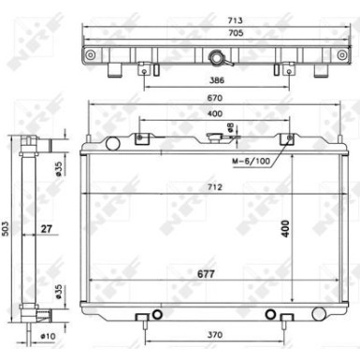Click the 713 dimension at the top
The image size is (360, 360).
pyautogui.click(x=235, y=21)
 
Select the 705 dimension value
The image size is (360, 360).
pyautogui.click(x=236, y=33)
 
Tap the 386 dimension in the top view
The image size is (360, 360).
pyautogui.click(x=216, y=80)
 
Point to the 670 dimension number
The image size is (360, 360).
pyautogui.click(x=215, y=98)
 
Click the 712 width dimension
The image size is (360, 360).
pyautogui.click(x=215, y=187)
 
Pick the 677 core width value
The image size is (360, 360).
pyautogui.click(x=206, y=274)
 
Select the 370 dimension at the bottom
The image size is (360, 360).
pyautogui.click(x=215, y=335)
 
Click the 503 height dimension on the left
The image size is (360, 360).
pyautogui.click(x=6, y=228)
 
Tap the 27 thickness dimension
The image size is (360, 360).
pyautogui.click(x=46, y=229)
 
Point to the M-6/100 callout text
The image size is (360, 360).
pyautogui.click(x=251, y=161)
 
